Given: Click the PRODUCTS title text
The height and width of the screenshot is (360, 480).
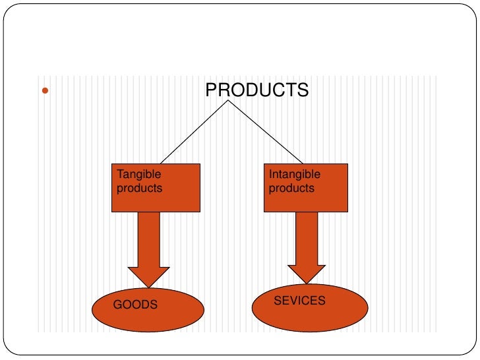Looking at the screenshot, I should click(x=256, y=90).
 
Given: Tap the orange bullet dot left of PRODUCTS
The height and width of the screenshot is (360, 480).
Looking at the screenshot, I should click(x=45, y=90).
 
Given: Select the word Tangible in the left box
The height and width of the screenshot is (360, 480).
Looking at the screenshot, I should click(x=138, y=175).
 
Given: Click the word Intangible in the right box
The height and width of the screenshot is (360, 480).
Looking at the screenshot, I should click(x=295, y=175).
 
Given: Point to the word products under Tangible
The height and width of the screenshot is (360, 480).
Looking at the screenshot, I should click(x=139, y=188).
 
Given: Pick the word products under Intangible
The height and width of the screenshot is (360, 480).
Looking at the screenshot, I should click(x=291, y=188).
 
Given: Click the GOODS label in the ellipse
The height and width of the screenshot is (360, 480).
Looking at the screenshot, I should click(x=135, y=305).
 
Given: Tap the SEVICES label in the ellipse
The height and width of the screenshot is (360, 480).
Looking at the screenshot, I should click(x=299, y=301).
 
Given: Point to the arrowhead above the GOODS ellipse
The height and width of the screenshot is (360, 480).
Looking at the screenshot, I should click(x=148, y=276).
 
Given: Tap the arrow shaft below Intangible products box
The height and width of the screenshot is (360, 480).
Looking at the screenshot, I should click(x=307, y=237).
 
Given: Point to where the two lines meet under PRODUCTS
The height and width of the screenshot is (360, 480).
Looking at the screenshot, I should click(x=229, y=101).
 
